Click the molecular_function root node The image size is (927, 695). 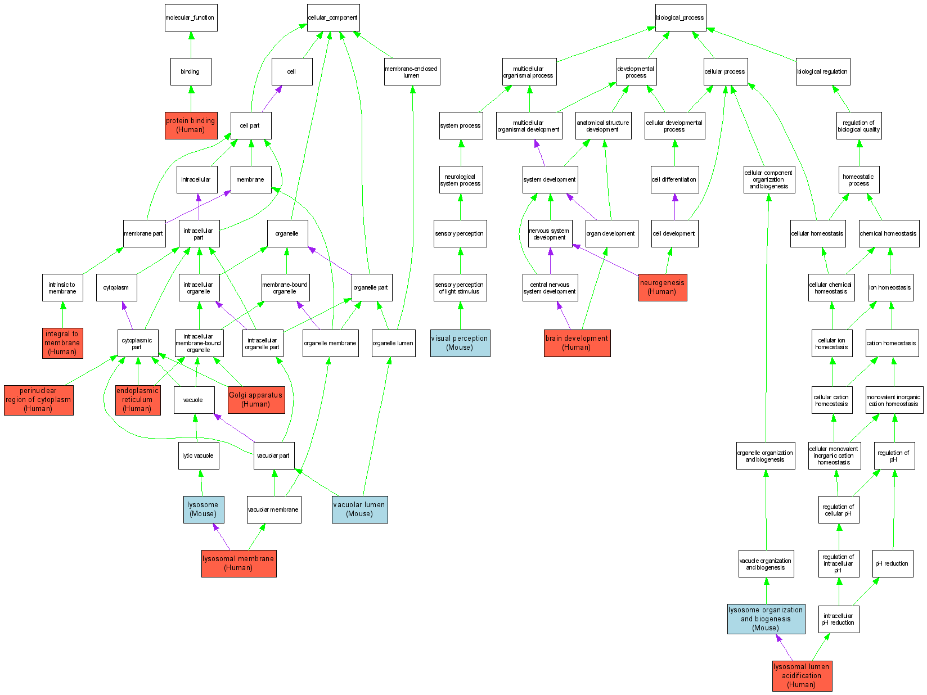(x=191, y=17)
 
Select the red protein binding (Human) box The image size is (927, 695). (x=191, y=125)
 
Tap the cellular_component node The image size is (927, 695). (x=332, y=17)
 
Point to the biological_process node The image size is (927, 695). (x=679, y=17)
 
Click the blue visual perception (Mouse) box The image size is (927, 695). (x=460, y=343)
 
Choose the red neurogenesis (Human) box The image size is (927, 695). (x=662, y=287)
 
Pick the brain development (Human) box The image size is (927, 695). (x=577, y=343)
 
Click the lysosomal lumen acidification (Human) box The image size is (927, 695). (x=802, y=675)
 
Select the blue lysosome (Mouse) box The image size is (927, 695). (x=203, y=509)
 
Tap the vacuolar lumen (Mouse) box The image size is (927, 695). (x=359, y=509)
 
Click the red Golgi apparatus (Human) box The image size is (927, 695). (x=256, y=400)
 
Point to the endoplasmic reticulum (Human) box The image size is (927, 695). (x=137, y=400)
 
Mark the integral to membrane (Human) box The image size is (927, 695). (x=62, y=343)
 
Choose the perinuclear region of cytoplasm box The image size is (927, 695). (x=38, y=400)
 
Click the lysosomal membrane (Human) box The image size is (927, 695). (x=238, y=563)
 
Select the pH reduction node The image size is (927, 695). (x=892, y=563)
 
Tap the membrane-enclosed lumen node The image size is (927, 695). (x=411, y=71)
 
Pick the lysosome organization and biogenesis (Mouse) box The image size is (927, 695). (x=766, y=619)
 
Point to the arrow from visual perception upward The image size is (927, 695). (x=461, y=315)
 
